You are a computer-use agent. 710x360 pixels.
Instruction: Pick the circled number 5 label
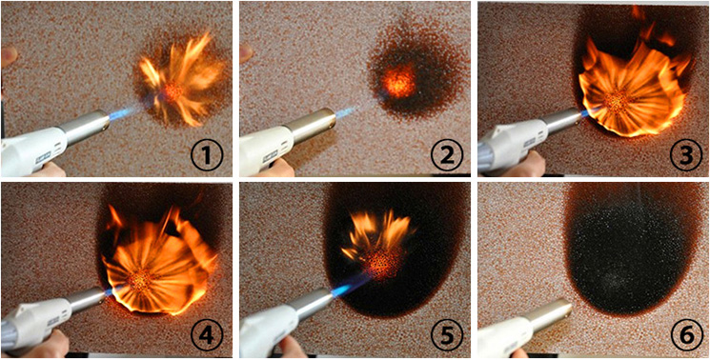(x=446, y=337)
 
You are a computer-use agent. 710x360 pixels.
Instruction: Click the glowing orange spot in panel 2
(x=398, y=81)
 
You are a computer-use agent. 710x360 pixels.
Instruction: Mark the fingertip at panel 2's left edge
(x=246, y=54)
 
